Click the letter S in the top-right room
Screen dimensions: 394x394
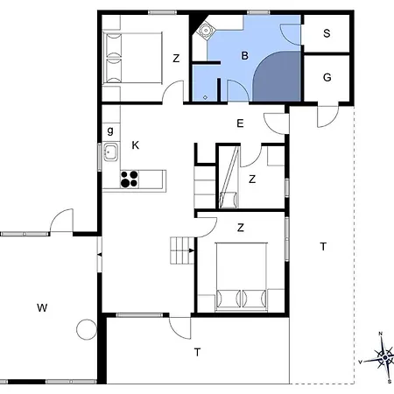click(327, 34)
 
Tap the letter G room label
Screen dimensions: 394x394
click(327, 78)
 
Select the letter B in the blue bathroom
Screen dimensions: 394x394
click(246, 54)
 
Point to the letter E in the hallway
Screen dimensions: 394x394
click(239, 124)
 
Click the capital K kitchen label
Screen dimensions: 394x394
click(135, 144)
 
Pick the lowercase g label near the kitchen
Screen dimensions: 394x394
click(110, 130)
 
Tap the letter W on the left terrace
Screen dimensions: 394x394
click(41, 307)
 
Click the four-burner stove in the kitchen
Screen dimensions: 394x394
click(130, 179)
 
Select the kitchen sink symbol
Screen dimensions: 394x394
click(110, 154)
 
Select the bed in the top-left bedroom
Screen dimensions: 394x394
click(132, 58)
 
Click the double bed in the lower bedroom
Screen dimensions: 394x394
click(241, 277)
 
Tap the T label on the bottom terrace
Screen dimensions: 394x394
click(198, 352)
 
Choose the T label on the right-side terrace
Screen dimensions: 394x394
click(323, 247)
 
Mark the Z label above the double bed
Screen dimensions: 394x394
click(241, 229)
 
